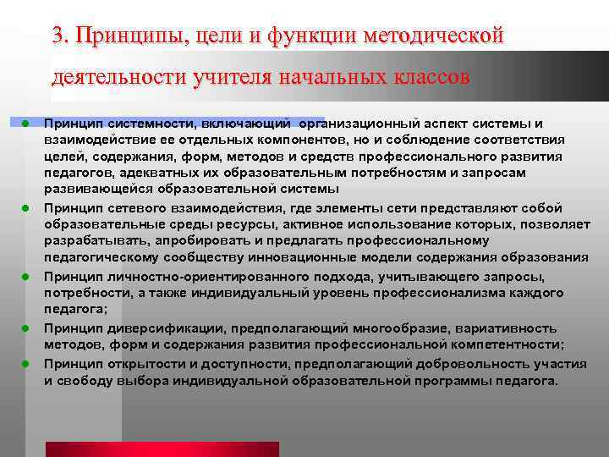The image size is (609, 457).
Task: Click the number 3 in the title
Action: (x=58, y=36)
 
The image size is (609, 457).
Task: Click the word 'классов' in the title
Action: (x=426, y=78)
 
